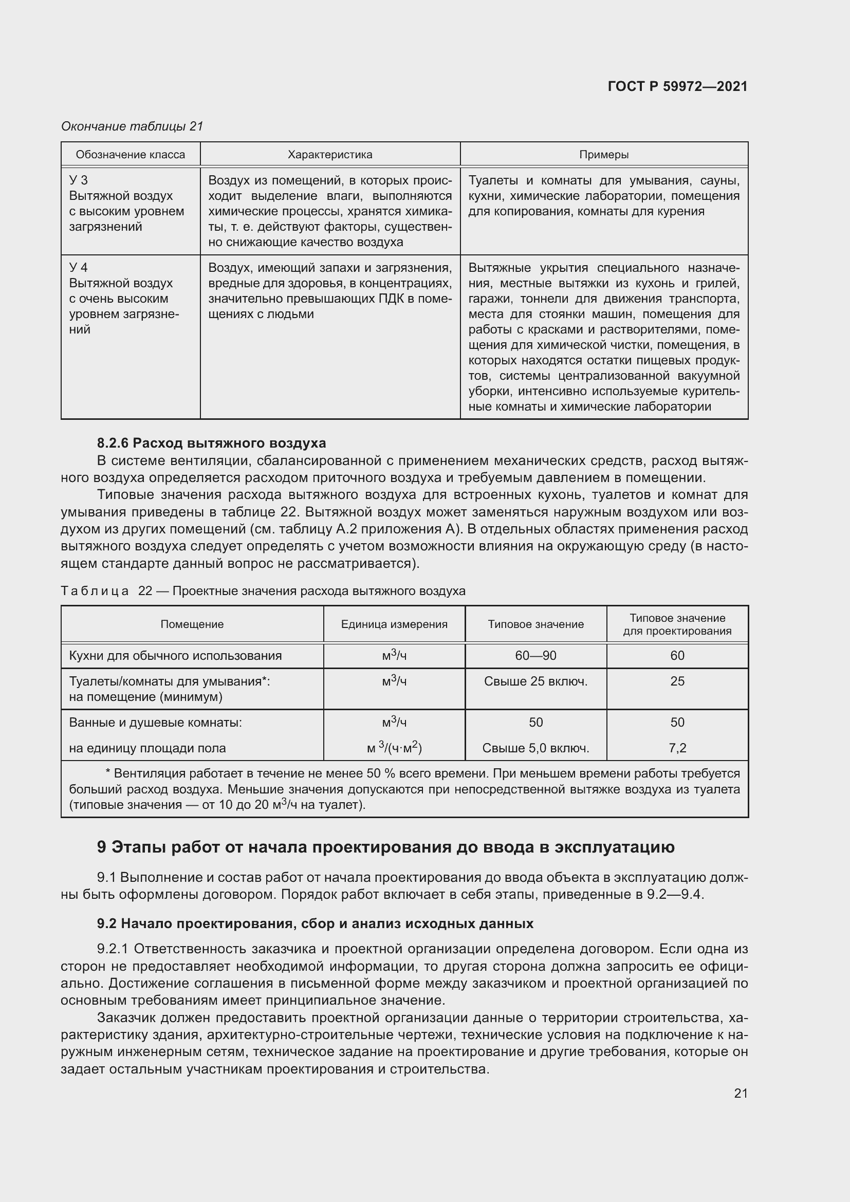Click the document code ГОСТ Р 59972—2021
pyautogui.click(x=677, y=87)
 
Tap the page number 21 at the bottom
pyautogui.click(x=741, y=1093)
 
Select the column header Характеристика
pyautogui.click(x=330, y=155)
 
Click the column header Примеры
pyautogui.click(x=603, y=155)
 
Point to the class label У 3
pyautogui.click(x=79, y=180)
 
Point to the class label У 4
pyautogui.click(x=79, y=268)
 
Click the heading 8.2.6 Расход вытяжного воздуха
pyautogui.click(x=211, y=443)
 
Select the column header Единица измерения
pyautogui.click(x=394, y=624)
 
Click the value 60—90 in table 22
pyautogui.click(x=535, y=655)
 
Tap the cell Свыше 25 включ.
pyautogui.click(x=535, y=681)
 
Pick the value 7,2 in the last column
pyautogui.click(x=677, y=748)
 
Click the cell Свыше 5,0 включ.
pyautogui.click(x=535, y=748)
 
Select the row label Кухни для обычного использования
pyautogui.click(x=175, y=655)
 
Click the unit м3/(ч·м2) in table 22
pyautogui.click(x=394, y=748)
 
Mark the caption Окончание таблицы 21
pyautogui.click(x=132, y=126)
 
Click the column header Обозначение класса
pyautogui.click(x=131, y=155)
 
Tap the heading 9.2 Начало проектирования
pyautogui.click(x=315, y=923)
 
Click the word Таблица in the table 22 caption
pyautogui.click(x=95, y=591)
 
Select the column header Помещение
pyautogui.click(x=192, y=624)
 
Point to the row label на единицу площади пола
pyautogui.click(x=147, y=748)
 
